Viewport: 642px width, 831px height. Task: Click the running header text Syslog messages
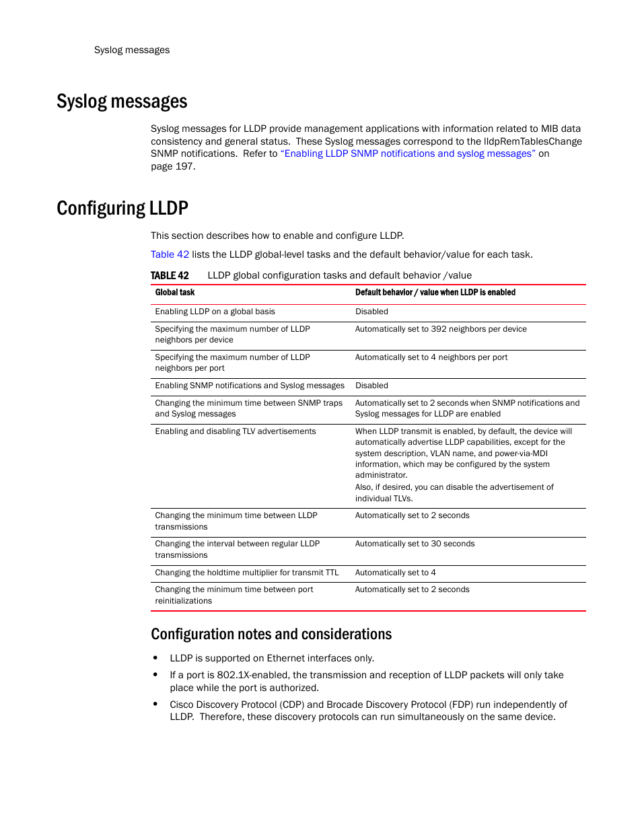coord(132,50)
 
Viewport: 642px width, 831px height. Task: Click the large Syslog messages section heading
coord(122,102)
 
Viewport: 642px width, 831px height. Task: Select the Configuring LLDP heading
coord(122,209)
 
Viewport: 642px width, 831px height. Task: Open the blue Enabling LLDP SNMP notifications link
coord(408,154)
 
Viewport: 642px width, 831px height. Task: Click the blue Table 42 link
coord(170,255)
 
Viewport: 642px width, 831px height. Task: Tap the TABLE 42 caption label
coord(170,276)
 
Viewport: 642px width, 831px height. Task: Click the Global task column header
coord(175,293)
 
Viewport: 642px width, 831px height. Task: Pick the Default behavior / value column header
coord(435,293)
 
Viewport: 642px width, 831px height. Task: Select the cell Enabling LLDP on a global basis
coord(215,312)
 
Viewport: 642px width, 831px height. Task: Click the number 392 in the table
coord(438,329)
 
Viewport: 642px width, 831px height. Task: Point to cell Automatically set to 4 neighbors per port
coord(431,357)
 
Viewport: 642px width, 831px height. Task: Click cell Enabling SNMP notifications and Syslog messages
coord(249,386)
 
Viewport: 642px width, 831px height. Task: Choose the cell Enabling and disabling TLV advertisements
coord(235,431)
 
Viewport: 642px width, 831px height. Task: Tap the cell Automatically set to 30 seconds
coord(415,544)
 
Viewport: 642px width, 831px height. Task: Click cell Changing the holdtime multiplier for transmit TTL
coord(246,573)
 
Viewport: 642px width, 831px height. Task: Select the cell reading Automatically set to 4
coord(395,573)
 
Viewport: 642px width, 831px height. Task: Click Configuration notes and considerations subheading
coord(271,635)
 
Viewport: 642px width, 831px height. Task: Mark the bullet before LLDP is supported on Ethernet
coord(155,658)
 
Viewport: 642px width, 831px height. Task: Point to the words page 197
coord(172,167)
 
